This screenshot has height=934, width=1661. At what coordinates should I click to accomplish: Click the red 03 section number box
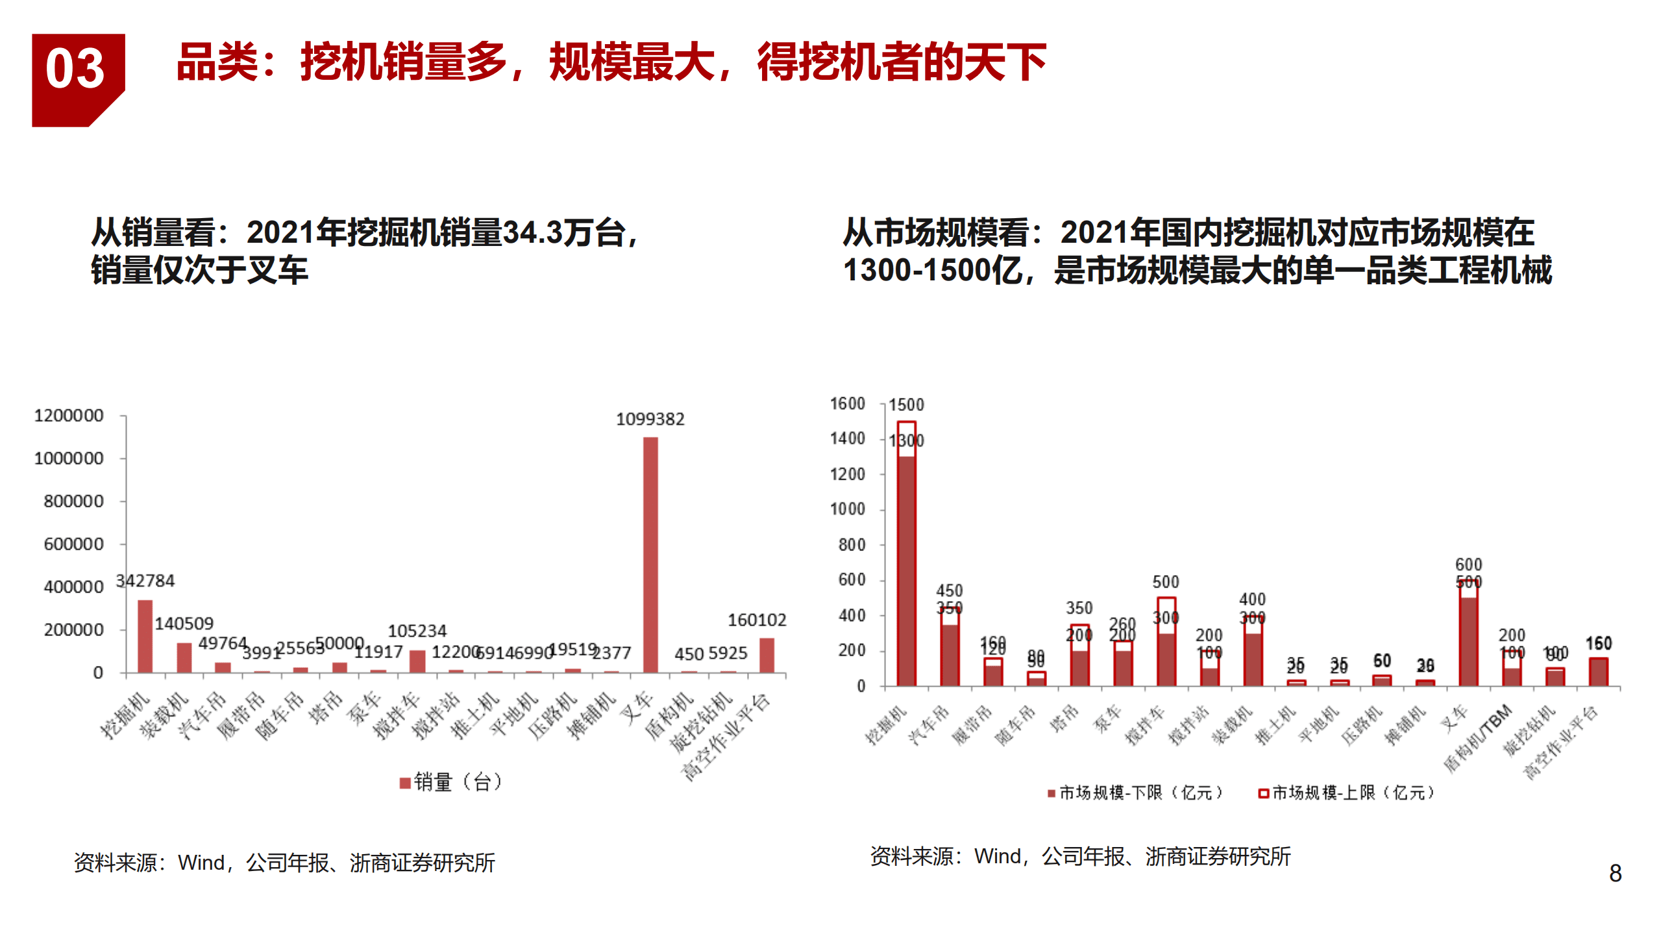click(77, 78)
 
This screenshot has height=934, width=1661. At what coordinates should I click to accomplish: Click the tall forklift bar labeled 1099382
click(650, 555)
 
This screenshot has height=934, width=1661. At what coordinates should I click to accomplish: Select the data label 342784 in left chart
click(145, 580)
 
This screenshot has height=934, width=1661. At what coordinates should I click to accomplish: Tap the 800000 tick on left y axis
click(73, 501)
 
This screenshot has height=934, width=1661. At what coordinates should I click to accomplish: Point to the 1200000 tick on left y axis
click(69, 415)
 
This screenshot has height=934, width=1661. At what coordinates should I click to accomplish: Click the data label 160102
click(756, 620)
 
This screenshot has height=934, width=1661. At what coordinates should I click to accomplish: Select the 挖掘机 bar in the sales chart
click(145, 636)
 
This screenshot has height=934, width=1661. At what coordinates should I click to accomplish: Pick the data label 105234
click(417, 631)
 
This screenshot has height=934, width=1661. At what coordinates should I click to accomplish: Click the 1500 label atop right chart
click(905, 405)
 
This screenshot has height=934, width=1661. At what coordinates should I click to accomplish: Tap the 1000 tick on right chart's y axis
click(847, 510)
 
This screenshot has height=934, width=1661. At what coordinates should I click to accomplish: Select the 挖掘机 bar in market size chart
click(906, 558)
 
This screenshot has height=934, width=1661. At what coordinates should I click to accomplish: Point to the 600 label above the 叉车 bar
click(1468, 564)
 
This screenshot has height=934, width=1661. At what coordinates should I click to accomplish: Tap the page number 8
click(1615, 873)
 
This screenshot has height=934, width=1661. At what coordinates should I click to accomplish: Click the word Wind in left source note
click(201, 863)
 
